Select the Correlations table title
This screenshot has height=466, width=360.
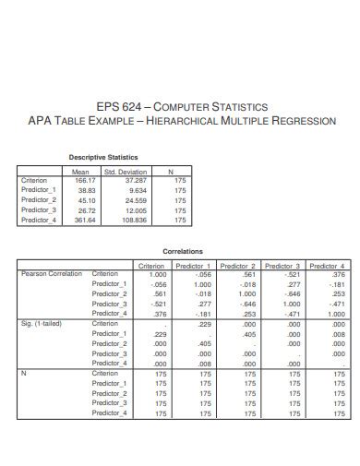(182, 251)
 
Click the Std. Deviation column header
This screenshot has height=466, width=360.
(126, 171)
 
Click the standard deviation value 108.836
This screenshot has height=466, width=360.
(134, 220)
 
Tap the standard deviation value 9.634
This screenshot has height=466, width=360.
(137, 190)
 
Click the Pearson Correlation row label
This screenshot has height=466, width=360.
(51, 274)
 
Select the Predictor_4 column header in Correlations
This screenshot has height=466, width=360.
(328, 265)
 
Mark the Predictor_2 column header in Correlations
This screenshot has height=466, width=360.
(239, 265)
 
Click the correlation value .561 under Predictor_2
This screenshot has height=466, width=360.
(246, 274)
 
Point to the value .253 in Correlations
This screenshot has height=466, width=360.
(246, 314)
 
